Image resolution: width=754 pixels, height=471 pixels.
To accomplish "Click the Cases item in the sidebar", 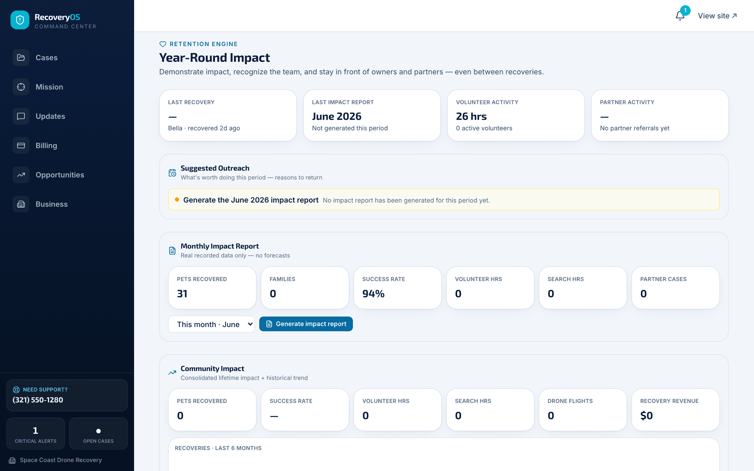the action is [x=46, y=58].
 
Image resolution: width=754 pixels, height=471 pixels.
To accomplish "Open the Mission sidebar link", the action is [x=49, y=87].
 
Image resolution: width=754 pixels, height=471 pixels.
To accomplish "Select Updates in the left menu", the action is [x=50, y=116].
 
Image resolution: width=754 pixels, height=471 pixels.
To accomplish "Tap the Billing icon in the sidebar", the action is [x=21, y=145].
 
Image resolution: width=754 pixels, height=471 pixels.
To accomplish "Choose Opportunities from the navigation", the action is [x=60, y=175].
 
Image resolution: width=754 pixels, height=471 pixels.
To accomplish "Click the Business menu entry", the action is [x=52, y=204].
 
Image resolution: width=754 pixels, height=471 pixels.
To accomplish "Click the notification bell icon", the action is [x=680, y=16].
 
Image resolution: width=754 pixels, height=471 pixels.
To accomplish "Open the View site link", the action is [x=717, y=16].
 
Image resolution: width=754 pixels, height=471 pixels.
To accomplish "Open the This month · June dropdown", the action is [x=211, y=324].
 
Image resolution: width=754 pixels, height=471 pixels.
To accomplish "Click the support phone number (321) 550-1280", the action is [x=38, y=400].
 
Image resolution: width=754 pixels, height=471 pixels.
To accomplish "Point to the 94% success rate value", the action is [x=373, y=294].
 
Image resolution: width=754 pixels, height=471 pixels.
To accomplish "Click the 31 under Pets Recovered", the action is [x=182, y=294].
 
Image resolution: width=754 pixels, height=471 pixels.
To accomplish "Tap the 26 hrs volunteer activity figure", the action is [x=471, y=116].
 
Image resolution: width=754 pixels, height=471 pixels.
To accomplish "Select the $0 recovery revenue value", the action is [x=647, y=416].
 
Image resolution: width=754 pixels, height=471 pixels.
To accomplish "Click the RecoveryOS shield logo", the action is [x=20, y=20].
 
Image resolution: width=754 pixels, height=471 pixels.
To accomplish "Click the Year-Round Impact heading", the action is [x=215, y=58].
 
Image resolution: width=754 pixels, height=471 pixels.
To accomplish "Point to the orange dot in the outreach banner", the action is [x=177, y=200].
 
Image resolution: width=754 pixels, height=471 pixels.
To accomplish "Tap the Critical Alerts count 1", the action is [x=35, y=430].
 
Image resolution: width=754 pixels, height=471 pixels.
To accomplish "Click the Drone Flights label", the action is [x=570, y=401].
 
